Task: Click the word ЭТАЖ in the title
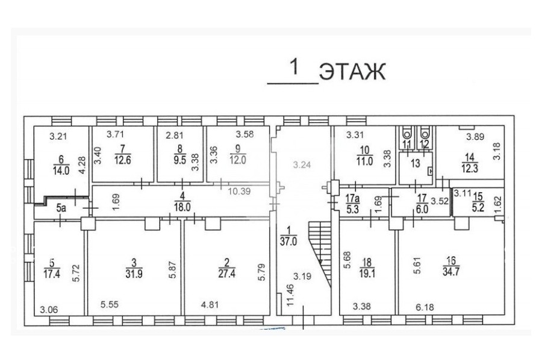click(x=352, y=72)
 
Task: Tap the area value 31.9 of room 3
click(x=134, y=274)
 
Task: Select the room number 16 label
click(x=451, y=260)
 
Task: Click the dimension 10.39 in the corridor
click(x=239, y=191)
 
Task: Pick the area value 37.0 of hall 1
click(x=288, y=241)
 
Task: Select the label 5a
click(x=61, y=208)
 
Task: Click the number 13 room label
click(x=416, y=163)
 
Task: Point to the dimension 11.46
click(x=290, y=295)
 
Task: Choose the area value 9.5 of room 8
click(x=179, y=160)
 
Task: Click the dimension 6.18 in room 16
click(x=425, y=307)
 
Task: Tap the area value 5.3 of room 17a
click(x=352, y=209)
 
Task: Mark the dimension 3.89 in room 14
click(x=475, y=137)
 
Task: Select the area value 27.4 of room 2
click(x=227, y=273)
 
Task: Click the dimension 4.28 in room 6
click(x=82, y=166)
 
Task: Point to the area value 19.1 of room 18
click(x=367, y=274)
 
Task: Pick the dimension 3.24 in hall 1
click(x=302, y=165)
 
